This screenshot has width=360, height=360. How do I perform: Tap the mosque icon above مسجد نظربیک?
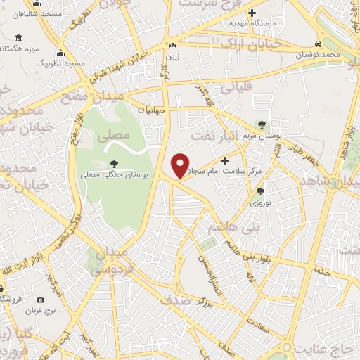tap(60, 53)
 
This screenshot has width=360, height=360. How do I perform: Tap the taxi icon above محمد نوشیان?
tap(317, 44)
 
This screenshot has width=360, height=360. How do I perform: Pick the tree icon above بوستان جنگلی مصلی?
tap(114, 164)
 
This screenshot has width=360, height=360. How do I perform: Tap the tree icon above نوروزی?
tap(260, 191)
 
